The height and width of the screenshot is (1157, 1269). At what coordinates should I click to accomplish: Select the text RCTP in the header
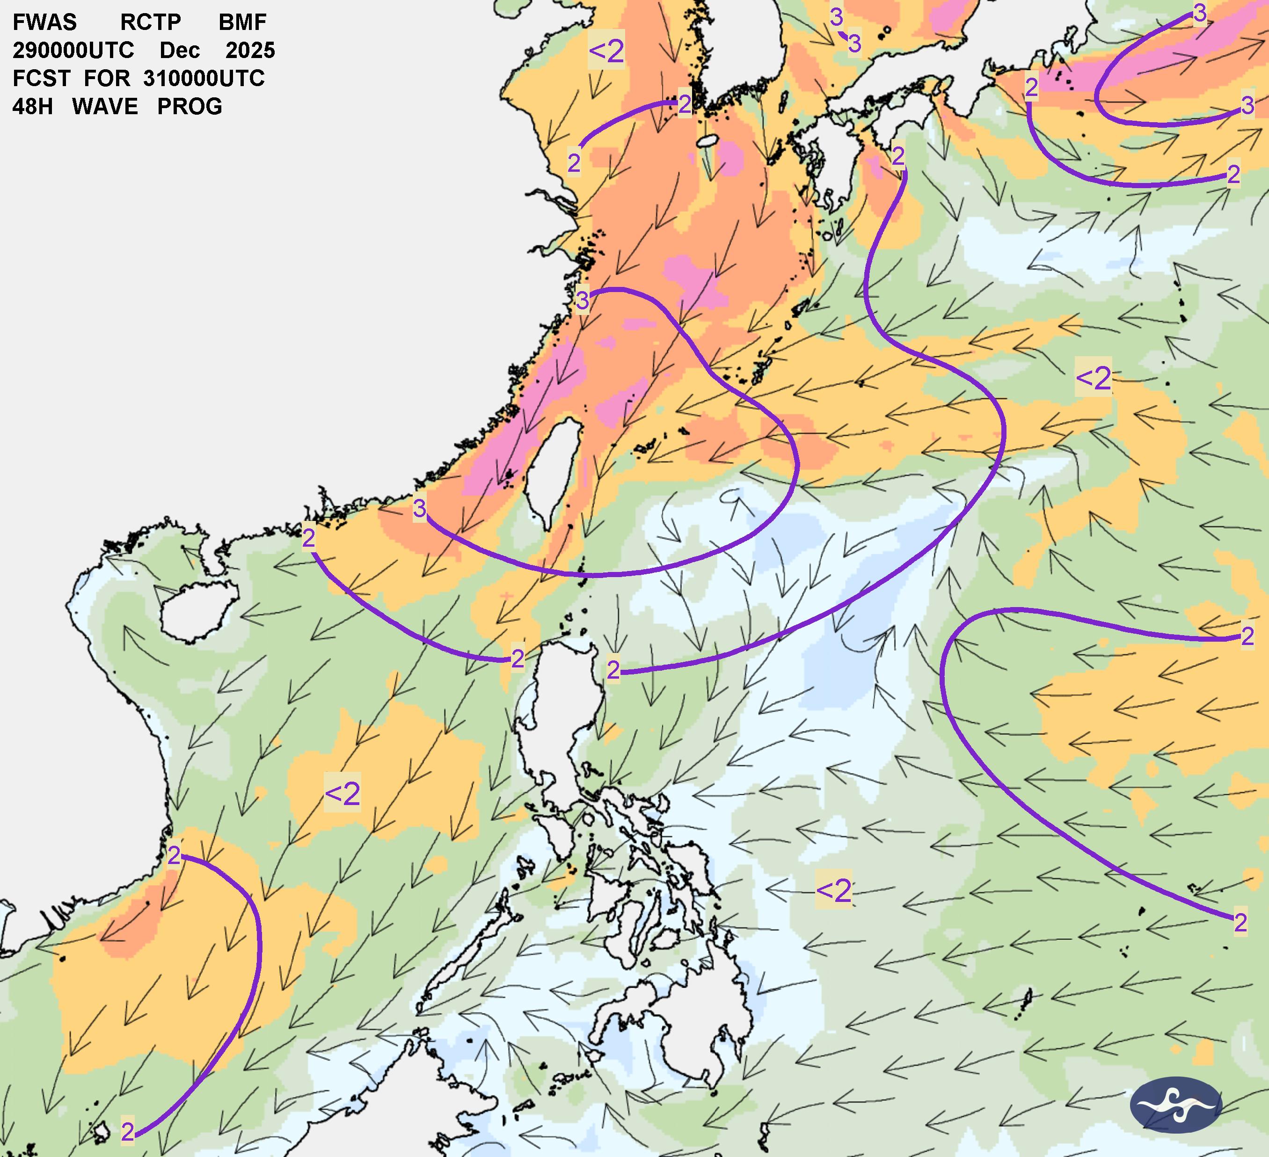[x=151, y=22]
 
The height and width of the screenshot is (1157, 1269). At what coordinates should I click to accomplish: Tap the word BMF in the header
[x=242, y=22]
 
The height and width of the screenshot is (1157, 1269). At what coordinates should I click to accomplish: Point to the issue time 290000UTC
[x=73, y=51]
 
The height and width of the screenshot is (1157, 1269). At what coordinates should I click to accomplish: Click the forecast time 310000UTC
[x=204, y=79]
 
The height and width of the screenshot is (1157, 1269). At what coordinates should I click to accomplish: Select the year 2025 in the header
[x=250, y=51]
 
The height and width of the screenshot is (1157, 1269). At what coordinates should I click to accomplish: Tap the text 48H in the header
[x=32, y=106]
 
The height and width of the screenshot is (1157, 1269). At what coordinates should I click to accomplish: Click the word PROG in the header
[x=190, y=106]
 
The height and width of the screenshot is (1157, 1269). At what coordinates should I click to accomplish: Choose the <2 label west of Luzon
[x=343, y=794]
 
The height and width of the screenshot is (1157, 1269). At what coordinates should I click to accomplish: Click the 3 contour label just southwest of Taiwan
[x=419, y=509]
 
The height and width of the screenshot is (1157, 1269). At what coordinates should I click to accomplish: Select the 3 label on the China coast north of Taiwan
[x=582, y=301]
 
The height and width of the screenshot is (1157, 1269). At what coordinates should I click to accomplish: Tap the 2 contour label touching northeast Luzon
[x=613, y=670]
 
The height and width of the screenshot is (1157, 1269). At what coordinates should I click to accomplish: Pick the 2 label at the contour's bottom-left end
[x=128, y=1132]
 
